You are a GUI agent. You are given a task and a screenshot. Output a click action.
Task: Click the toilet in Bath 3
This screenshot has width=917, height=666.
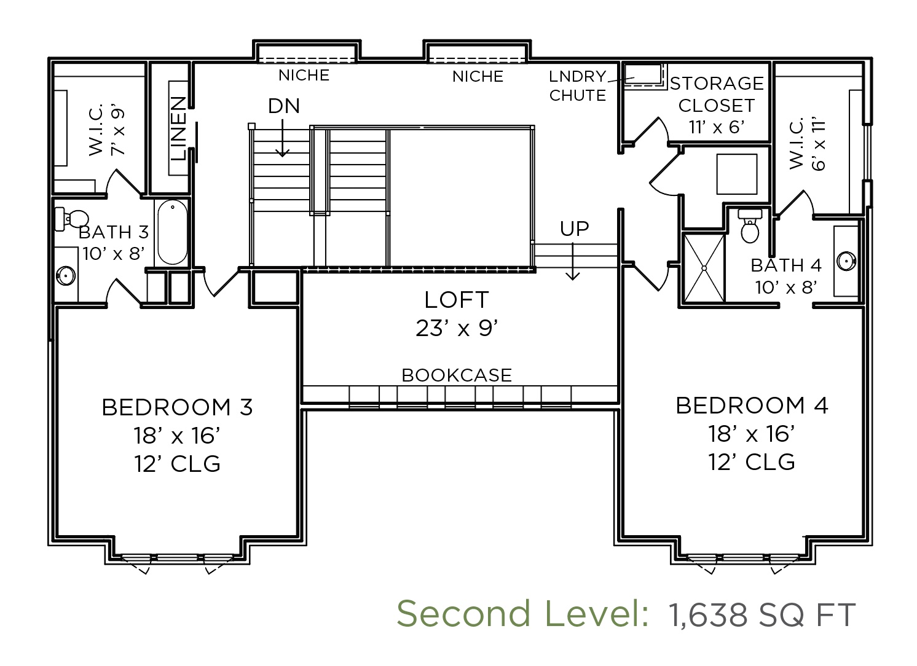pos(71,219)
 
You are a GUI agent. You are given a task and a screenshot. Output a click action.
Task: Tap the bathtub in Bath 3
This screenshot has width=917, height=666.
pos(172,232)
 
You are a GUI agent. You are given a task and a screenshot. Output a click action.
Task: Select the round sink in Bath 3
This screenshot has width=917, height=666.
pos(66,275)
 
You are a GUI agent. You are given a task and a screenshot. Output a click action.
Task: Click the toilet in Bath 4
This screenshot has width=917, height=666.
pos(750,225)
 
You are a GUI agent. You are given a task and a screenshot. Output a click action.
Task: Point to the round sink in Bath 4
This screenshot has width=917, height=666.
pos(846,261)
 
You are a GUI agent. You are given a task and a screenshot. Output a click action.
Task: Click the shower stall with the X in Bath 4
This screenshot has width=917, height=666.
pos(704,268)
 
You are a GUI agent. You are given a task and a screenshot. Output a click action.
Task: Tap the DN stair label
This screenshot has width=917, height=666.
pos(284,106)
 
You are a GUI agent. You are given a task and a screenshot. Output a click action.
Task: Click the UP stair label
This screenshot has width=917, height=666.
pos(574,229)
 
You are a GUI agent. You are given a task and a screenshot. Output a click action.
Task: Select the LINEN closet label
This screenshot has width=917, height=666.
pos(178,128)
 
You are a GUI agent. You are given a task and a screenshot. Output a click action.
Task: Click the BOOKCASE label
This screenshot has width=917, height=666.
pos(457,375)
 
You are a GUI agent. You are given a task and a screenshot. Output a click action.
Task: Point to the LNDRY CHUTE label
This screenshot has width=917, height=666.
pos(577,85)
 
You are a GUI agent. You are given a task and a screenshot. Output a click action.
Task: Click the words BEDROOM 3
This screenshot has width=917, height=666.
pos(177,407)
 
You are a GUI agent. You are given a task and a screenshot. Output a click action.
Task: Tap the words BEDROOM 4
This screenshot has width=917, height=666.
pos(752,405)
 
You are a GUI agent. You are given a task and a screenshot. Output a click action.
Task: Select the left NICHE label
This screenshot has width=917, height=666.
pos(304,76)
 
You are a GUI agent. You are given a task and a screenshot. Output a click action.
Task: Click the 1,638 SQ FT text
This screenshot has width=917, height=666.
pos(762,614)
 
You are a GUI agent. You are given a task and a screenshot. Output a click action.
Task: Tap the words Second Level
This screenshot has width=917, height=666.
pos(522,614)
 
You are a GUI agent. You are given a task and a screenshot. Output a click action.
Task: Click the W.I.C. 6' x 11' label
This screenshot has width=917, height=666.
pos(807,144)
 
